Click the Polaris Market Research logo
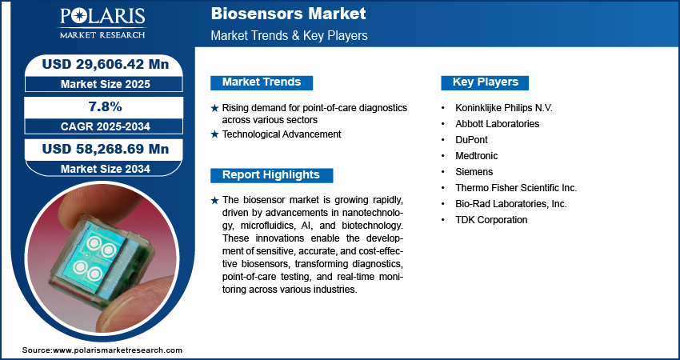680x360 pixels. click(102, 23)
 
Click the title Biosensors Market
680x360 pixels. click(288, 14)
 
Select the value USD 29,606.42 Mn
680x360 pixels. click(105, 64)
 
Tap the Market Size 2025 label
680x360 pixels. click(105, 84)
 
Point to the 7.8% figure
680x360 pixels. click(106, 106)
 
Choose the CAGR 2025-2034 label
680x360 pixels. click(105, 126)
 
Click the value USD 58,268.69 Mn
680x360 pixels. click(105, 149)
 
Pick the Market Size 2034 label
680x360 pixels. click(105, 169)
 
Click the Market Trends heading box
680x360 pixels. click(262, 82)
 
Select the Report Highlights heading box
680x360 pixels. click(271, 175)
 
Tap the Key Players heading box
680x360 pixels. click(485, 82)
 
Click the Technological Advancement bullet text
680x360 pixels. click(282, 134)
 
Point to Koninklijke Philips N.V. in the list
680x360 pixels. click(504, 107)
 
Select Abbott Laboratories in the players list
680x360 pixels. click(497, 124)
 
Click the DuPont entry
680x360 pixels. click(471, 140)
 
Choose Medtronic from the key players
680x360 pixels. click(477, 156)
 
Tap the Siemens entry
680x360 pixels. click(474, 172)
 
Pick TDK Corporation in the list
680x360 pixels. click(491, 220)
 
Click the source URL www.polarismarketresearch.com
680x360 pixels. click(118, 350)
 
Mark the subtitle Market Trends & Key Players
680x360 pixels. click(290, 35)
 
